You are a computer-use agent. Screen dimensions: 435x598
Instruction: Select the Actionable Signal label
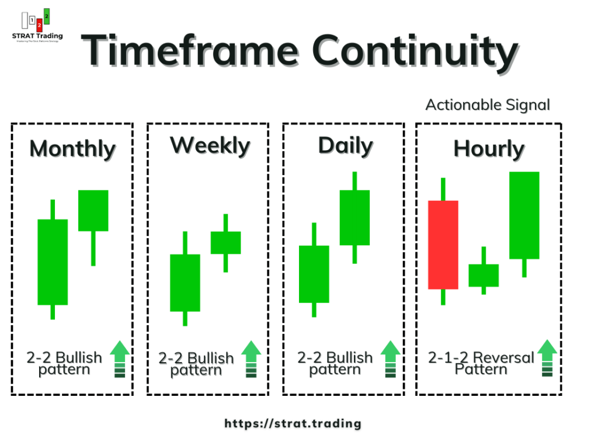[x=488, y=105]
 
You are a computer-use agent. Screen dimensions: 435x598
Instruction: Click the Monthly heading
[x=72, y=148]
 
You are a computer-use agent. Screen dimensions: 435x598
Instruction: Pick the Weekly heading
[x=210, y=146]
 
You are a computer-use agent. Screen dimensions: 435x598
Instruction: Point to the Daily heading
[x=345, y=146]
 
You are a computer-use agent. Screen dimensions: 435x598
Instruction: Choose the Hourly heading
[x=489, y=149]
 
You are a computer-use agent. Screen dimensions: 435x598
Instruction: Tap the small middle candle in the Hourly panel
[x=484, y=275]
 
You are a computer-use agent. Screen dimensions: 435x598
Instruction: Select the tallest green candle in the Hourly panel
[x=524, y=215]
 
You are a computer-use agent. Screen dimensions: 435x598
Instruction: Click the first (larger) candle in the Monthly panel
[x=53, y=262]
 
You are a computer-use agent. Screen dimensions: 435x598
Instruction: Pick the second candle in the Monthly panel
[x=93, y=211]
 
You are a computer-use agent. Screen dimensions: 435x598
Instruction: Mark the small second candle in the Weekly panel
[x=225, y=242]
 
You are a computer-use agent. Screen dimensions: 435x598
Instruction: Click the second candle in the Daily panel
[x=354, y=217]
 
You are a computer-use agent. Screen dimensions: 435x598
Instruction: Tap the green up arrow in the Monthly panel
[x=120, y=359]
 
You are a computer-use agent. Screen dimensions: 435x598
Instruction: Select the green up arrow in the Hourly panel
[x=547, y=359]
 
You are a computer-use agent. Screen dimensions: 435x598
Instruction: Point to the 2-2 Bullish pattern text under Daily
[x=335, y=363]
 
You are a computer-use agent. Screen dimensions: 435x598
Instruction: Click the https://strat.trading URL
[x=293, y=423]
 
